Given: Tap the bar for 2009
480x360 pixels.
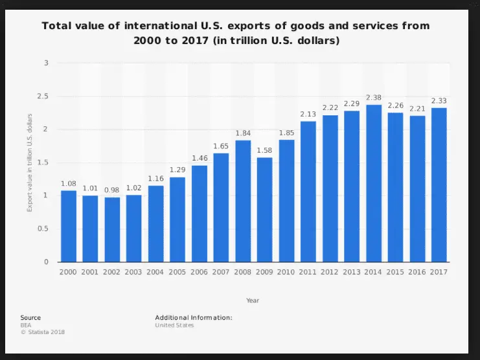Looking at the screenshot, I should click(x=264, y=210).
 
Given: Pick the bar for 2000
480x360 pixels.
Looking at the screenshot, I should click(x=69, y=226).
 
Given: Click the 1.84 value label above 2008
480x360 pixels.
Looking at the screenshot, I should click(x=243, y=133).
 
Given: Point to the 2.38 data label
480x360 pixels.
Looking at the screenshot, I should click(x=373, y=98).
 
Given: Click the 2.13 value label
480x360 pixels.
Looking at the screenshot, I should click(x=308, y=115).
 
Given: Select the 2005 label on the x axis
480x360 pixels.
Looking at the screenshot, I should click(x=177, y=273).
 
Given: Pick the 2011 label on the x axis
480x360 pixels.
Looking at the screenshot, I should click(x=308, y=273).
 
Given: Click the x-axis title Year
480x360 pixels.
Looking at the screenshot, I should click(x=253, y=300).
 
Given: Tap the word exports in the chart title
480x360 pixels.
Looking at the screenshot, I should click(x=231, y=27).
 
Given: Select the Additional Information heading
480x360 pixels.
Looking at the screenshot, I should click(x=193, y=318).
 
